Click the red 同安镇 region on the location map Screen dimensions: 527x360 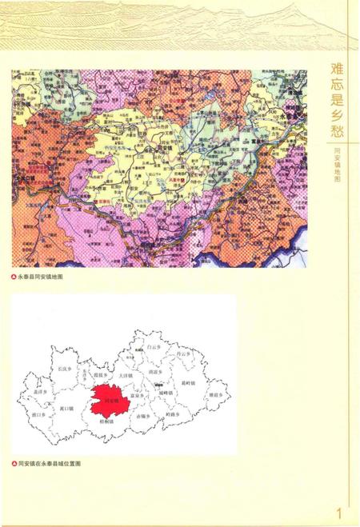click(108, 398)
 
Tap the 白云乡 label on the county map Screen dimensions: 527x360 click(154, 347)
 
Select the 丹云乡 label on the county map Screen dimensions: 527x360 click(185, 353)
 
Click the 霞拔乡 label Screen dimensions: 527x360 click(100, 373)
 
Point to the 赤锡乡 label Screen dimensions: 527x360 click(142, 417)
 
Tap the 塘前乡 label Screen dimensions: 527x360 click(214, 395)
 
